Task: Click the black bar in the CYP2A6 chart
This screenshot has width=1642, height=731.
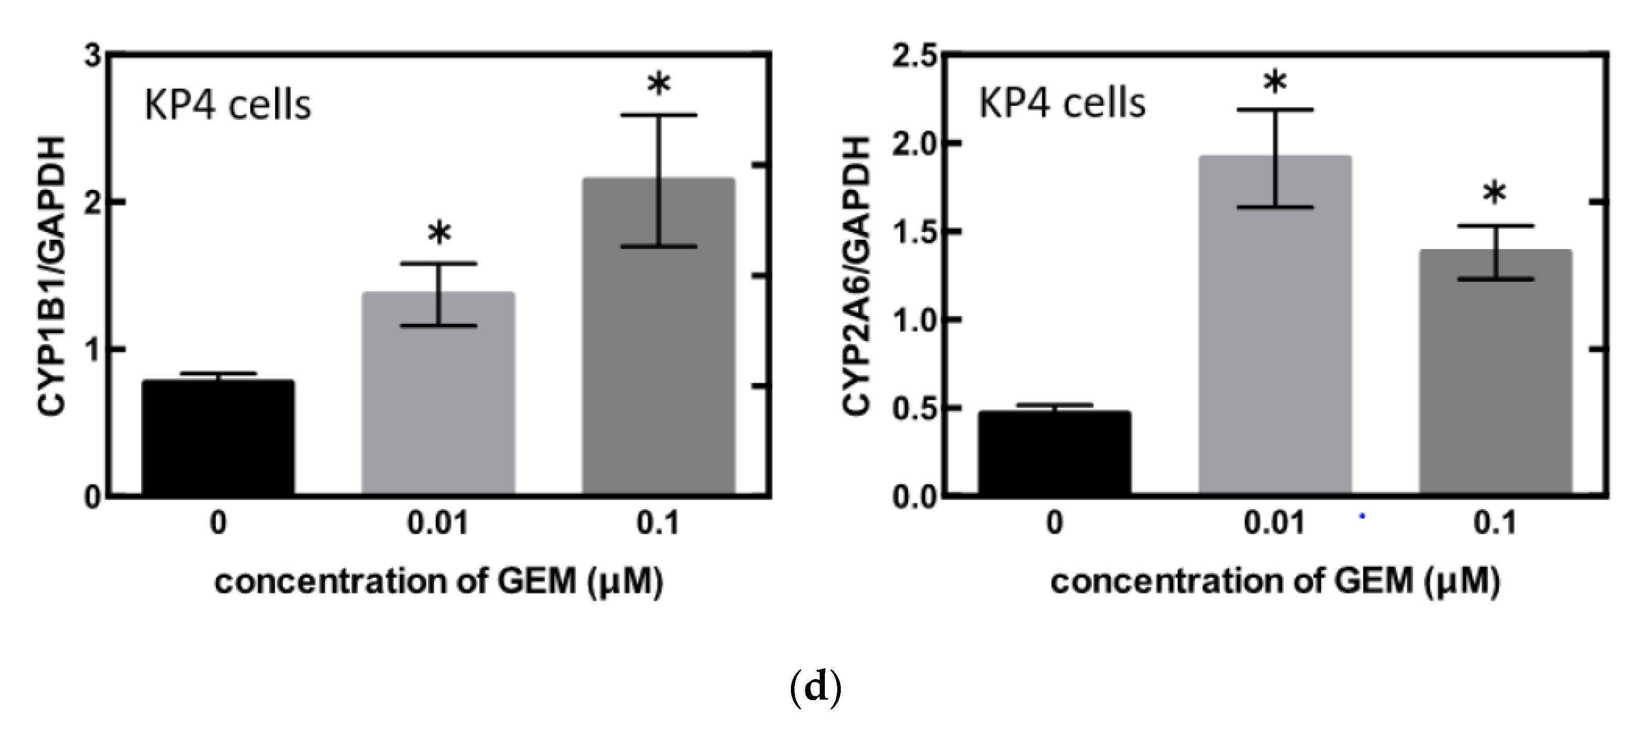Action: click(x=1055, y=452)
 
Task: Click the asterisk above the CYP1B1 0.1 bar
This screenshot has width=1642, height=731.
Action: click(x=658, y=85)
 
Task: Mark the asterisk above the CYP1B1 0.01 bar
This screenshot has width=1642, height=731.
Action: click(x=439, y=234)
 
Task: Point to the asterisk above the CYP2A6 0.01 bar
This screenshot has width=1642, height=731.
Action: click(x=1275, y=82)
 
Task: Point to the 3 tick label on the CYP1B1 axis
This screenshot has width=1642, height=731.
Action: click(x=93, y=56)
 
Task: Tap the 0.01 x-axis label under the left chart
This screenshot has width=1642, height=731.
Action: click(x=438, y=524)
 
